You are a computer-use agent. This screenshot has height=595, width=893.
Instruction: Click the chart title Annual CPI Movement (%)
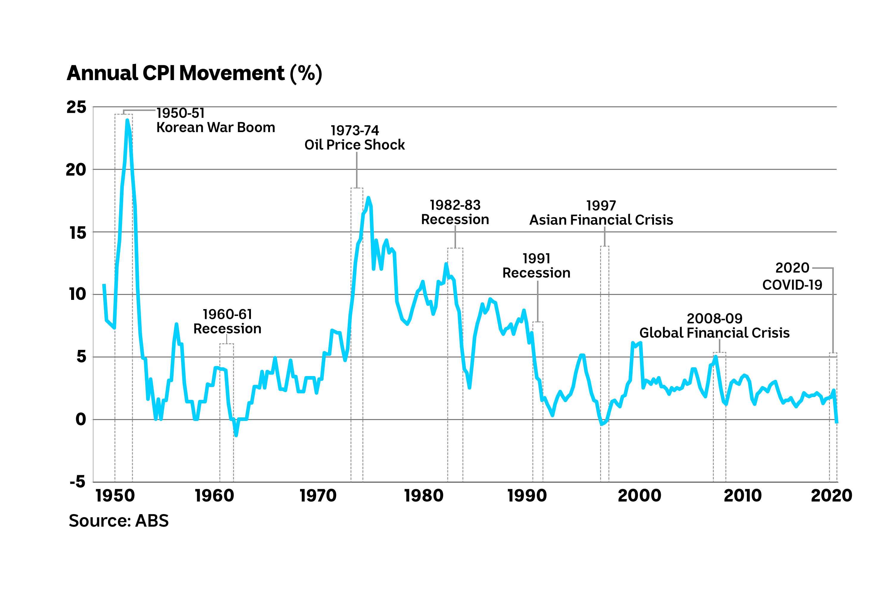click(x=194, y=73)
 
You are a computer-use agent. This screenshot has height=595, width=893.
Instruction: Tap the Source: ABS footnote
click(x=118, y=521)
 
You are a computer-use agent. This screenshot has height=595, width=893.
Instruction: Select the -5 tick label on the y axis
click(x=77, y=482)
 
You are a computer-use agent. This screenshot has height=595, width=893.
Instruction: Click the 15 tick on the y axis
click(x=78, y=233)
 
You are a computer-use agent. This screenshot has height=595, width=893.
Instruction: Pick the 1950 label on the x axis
click(x=115, y=496)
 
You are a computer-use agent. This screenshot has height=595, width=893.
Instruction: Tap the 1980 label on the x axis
click(x=424, y=496)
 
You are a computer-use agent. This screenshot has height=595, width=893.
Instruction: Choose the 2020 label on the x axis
click(x=831, y=496)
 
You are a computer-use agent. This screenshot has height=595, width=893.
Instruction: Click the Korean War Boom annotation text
click(x=216, y=128)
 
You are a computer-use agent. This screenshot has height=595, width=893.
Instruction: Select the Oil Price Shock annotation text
click(x=355, y=145)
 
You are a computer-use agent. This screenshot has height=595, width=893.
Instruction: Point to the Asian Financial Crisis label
click(x=601, y=220)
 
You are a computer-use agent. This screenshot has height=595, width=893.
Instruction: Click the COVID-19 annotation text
click(x=792, y=285)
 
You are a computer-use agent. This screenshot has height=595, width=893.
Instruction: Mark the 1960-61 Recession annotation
click(x=227, y=321)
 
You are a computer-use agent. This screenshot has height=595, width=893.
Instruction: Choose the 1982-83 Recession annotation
click(x=455, y=212)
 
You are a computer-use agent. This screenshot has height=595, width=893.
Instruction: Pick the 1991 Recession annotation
click(x=536, y=266)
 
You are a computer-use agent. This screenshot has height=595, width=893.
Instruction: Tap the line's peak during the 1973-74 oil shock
click(x=368, y=198)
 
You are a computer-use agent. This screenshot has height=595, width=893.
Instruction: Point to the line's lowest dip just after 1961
click(x=236, y=435)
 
